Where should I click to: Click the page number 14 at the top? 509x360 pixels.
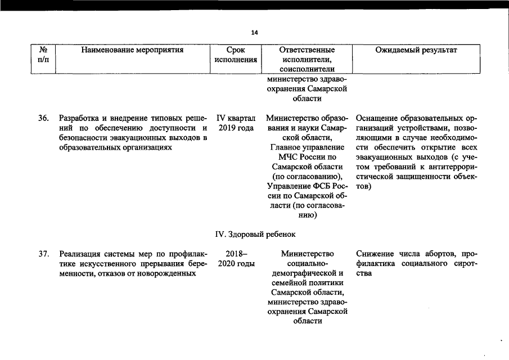point(254,33)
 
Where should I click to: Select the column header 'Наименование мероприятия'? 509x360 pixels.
point(132,51)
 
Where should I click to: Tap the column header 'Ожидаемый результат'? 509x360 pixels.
point(416,51)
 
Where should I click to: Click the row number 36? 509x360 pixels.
point(43,119)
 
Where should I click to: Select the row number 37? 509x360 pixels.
point(43,254)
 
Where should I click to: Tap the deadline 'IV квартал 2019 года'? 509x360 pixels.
point(236,123)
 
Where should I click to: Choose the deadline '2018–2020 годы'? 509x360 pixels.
point(236,259)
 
